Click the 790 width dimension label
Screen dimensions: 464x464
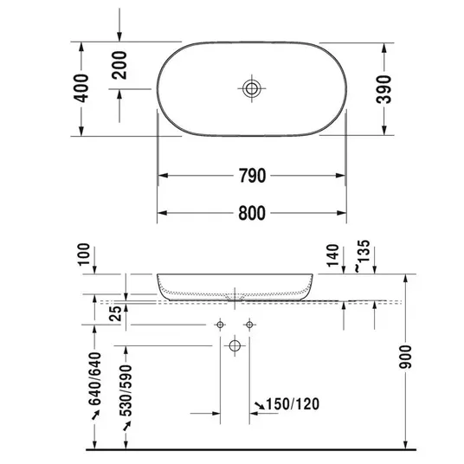pyautogui.click(x=253, y=176)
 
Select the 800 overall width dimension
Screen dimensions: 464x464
pyautogui.click(x=252, y=213)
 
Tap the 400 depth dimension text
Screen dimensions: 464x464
pyautogui.click(x=81, y=88)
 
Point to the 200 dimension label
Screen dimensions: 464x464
pyautogui.click(x=119, y=65)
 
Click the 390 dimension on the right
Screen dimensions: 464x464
pyautogui.click(x=383, y=89)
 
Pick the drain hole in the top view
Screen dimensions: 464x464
pyautogui.click(x=252, y=88)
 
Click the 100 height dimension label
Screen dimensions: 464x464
pyautogui.click(x=84, y=255)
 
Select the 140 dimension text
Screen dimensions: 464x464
pyautogui.click(x=333, y=255)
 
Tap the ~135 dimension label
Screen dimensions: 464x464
pyautogui.click(x=363, y=255)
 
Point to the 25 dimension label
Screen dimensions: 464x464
pyautogui.click(x=116, y=313)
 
